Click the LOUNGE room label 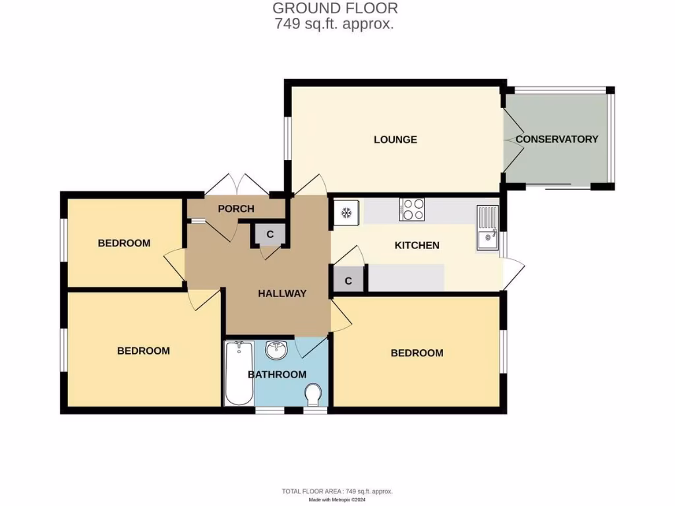coord(395,140)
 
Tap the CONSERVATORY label coord(556,139)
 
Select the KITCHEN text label coord(417,245)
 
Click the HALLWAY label coord(282,293)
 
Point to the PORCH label coord(236,209)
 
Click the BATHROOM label coord(277,374)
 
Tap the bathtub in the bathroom coord(239,374)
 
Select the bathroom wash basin coord(276,350)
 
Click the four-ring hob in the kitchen coord(412,210)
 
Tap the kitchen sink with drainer coord(488,228)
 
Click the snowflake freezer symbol coord(346,213)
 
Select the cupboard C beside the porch coord(270,234)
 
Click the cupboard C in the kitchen coord(349,280)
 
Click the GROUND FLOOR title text coord(335,9)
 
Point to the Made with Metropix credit coord(337,500)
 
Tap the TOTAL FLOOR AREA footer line coord(337,492)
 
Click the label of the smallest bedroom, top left coord(124,243)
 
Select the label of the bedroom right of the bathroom coord(417,353)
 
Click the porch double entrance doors coord(234,185)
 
